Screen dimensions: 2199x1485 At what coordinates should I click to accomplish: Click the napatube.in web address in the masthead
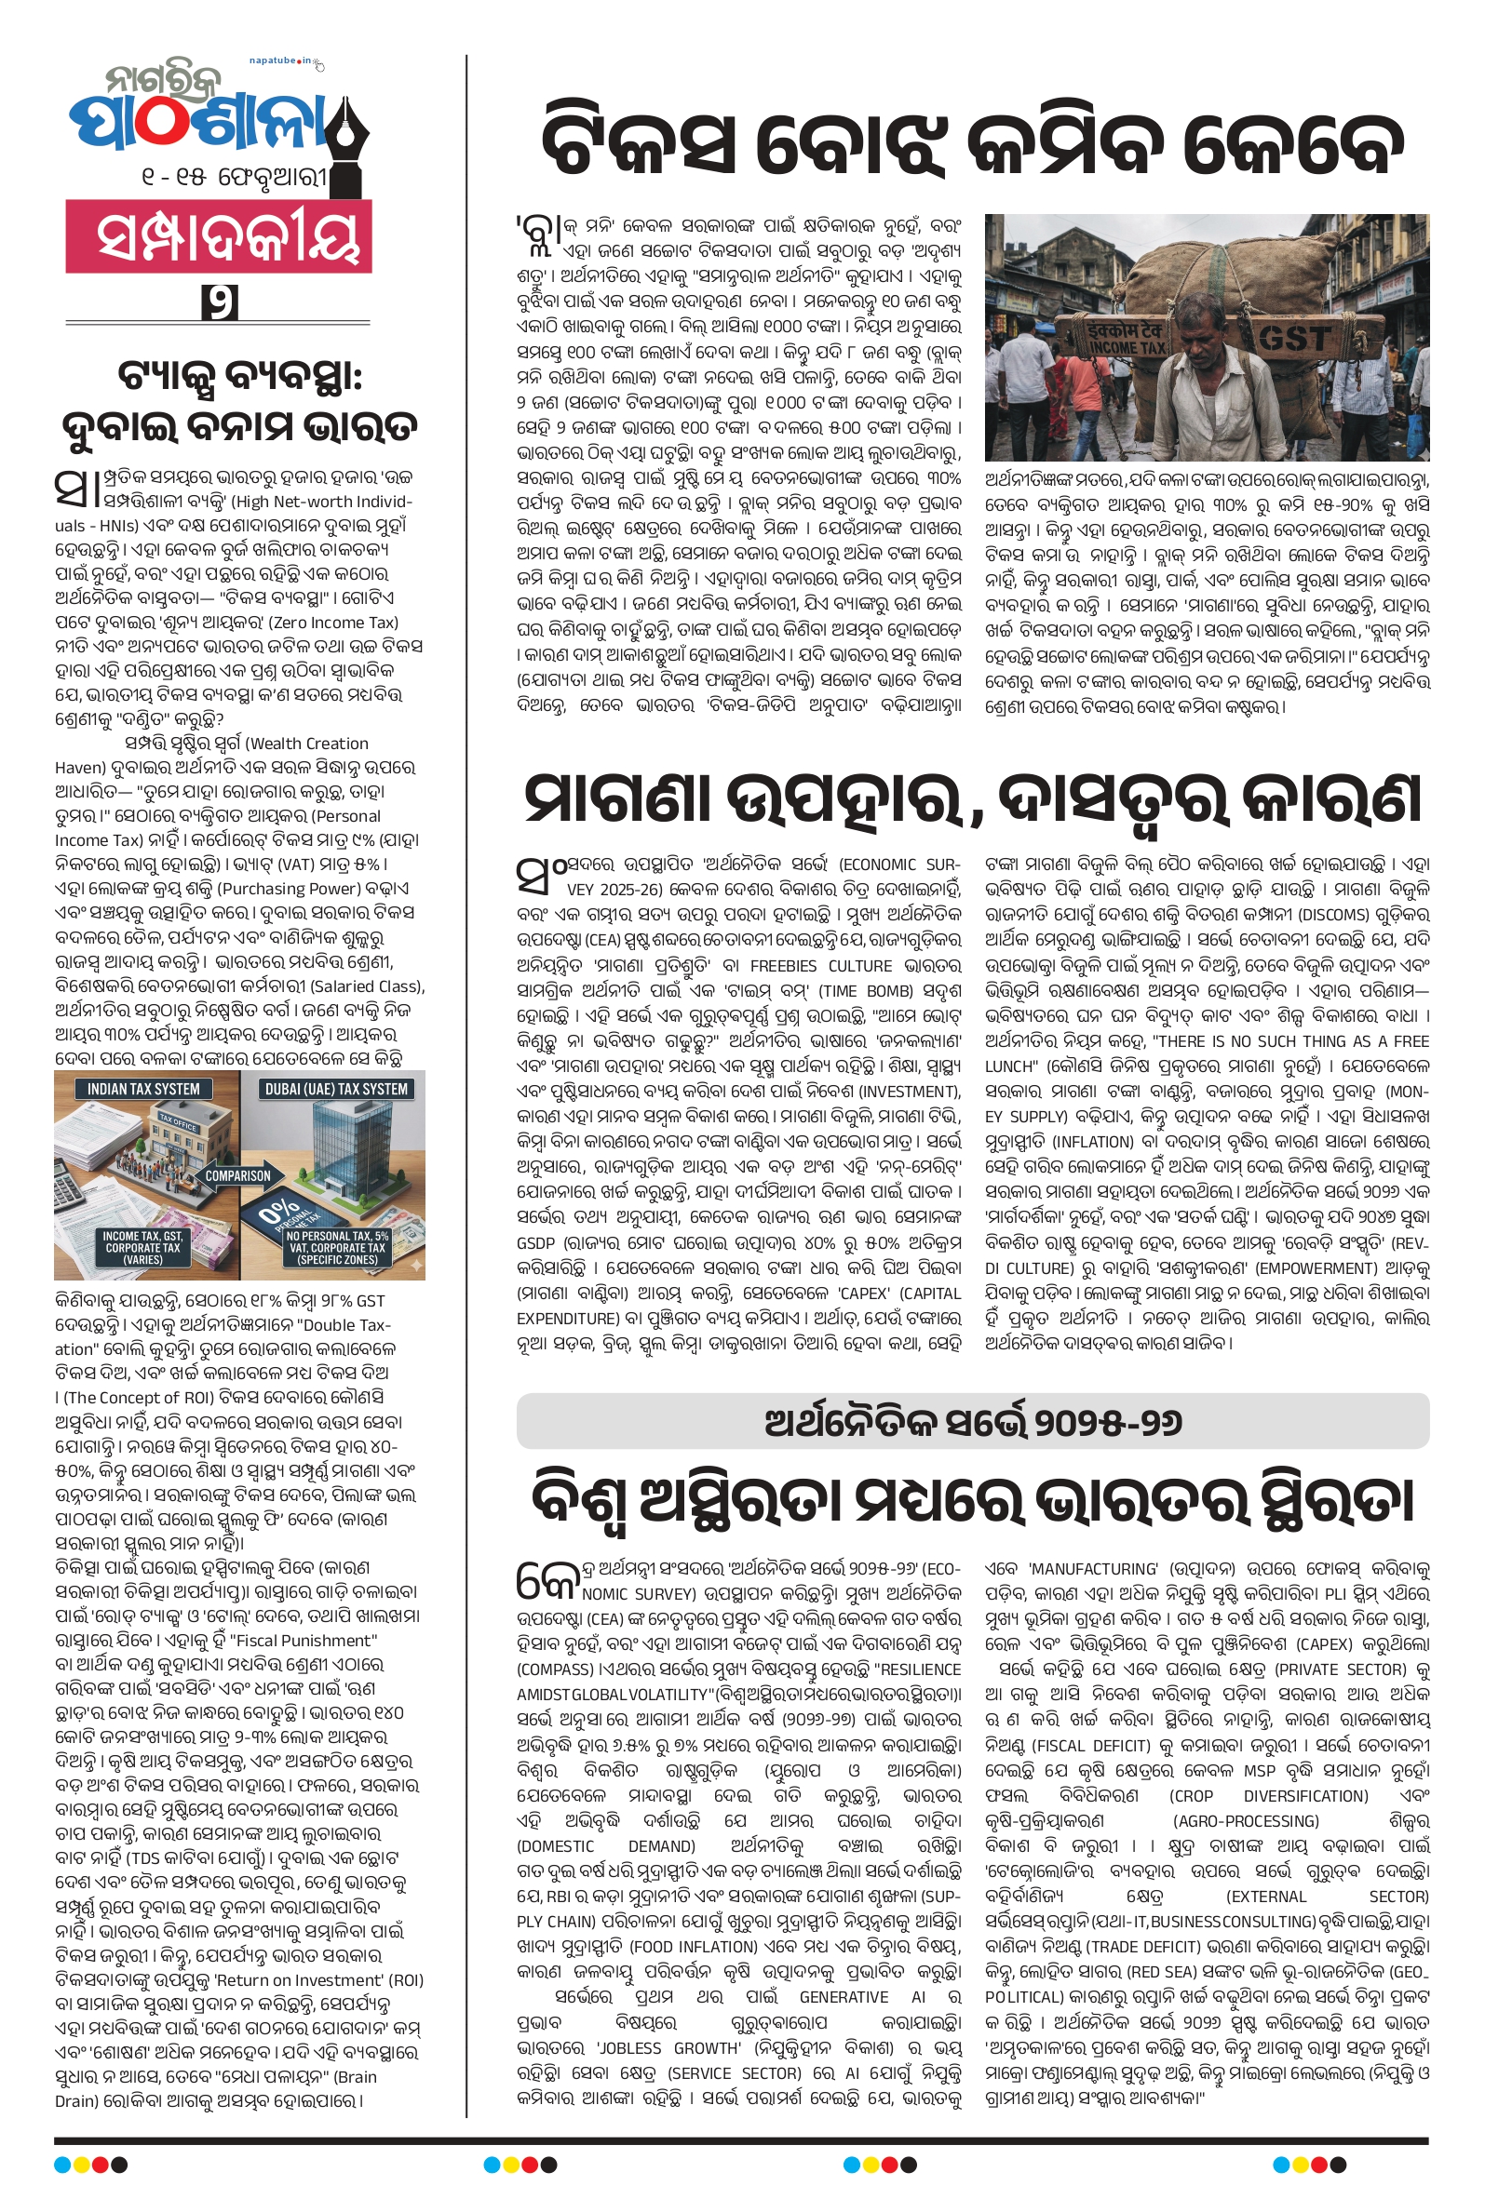(280, 61)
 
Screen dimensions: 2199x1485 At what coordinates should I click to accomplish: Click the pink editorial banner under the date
(219, 236)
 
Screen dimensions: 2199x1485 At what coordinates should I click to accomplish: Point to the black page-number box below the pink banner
(219, 302)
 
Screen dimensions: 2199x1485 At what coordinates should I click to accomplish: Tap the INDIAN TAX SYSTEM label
(144, 1089)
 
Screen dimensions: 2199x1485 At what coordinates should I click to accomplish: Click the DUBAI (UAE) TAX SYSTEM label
(335, 1089)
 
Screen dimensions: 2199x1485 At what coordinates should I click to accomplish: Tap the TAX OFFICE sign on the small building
(177, 1123)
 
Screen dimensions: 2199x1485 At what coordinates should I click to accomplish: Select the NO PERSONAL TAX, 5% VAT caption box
(337, 1248)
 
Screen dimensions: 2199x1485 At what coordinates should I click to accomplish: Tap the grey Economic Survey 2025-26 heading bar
(972, 1421)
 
